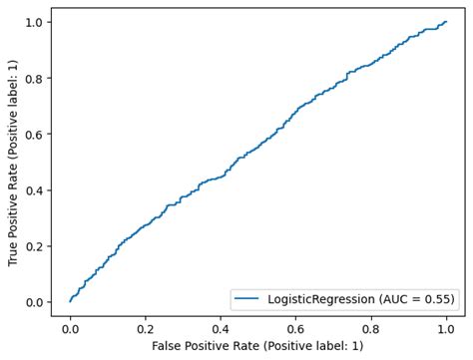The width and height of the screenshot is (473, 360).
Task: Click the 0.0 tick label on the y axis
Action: (x=35, y=302)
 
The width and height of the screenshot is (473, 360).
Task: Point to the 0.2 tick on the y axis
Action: (x=35, y=246)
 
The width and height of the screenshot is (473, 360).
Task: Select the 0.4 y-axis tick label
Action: (x=35, y=189)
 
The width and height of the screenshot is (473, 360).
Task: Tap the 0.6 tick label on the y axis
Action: (x=35, y=134)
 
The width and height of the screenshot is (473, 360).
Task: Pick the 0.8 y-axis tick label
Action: (x=35, y=78)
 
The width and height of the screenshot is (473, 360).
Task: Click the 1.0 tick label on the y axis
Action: (x=35, y=22)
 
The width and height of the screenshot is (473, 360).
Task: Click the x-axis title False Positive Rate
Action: (x=258, y=345)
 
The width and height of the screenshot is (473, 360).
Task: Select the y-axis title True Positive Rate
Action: (x=12, y=162)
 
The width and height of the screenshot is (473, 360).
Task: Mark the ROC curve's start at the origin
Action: (x=70, y=301)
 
